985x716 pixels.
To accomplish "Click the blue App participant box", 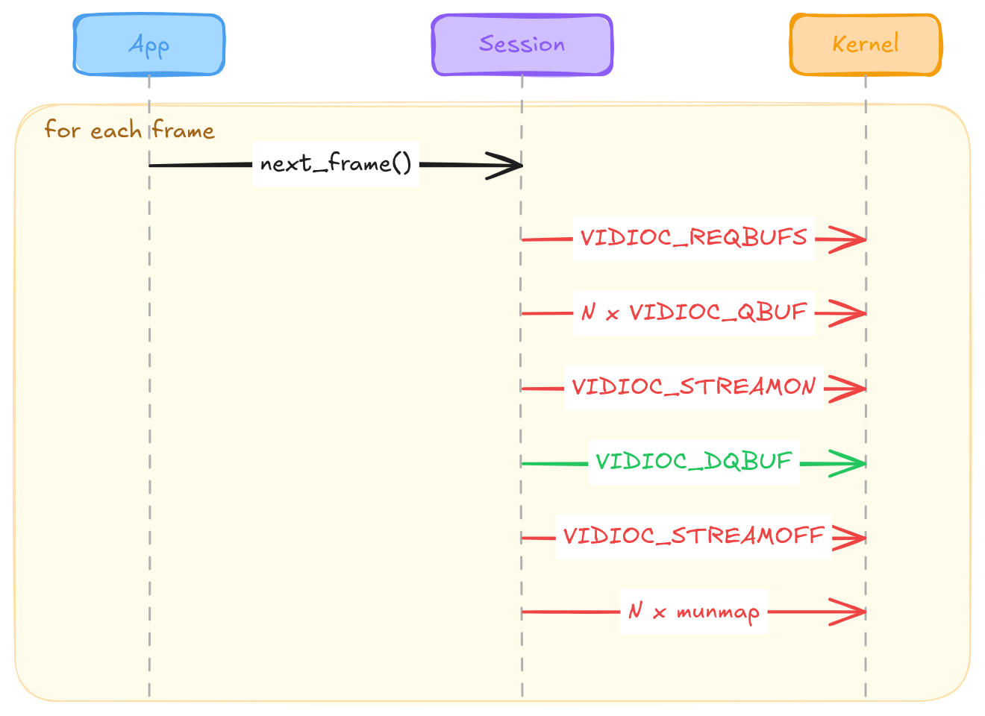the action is (149, 45).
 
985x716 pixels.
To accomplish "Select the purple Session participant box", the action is (522, 45).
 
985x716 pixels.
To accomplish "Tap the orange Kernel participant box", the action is (866, 45).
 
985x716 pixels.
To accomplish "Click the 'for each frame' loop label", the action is (130, 129).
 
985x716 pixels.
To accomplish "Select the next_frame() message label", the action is (336, 163).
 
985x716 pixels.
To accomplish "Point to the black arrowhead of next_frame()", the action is (522, 166).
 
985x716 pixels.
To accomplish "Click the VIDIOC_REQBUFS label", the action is (693, 238).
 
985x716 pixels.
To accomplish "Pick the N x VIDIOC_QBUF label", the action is (693, 312).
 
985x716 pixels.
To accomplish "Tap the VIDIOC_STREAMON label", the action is (693, 387).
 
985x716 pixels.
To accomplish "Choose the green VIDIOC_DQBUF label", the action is (693, 462).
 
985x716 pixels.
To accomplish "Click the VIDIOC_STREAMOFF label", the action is (693, 536).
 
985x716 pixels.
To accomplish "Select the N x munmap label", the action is (693, 612).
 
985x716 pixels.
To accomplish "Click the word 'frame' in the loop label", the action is (184, 129).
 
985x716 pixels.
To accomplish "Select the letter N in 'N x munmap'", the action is (636, 610).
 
